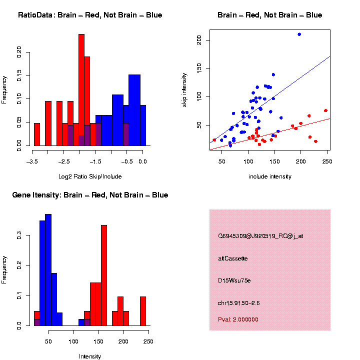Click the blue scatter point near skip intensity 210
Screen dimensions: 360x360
pyautogui.click(x=299, y=34)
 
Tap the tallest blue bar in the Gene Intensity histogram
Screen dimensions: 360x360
pyautogui.click(x=48, y=270)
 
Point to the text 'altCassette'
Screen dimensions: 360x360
pyautogui.click(x=232, y=258)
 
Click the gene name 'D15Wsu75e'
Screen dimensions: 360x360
pyautogui.click(x=234, y=280)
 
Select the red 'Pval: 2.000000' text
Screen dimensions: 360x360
pyautogui.click(x=238, y=319)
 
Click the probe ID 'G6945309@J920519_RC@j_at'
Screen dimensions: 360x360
pyautogui.click(x=260, y=236)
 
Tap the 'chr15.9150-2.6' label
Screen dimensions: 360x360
pyautogui.click(x=238, y=303)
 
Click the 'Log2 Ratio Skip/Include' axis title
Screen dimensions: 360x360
pyautogui.click(x=90, y=176)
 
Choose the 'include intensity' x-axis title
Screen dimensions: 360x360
pyautogui.click(x=269, y=176)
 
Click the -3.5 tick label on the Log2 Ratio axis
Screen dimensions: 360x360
pyautogui.click(x=32, y=161)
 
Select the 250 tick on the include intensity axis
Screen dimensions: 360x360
pyautogui.click(x=327, y=161)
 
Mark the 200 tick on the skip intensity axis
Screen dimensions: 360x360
pyautogui.click(x=200, y=39)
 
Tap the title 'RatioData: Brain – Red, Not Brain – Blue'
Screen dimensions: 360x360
pyautogui.click(x=90, y=15)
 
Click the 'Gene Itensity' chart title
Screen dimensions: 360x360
pyautogui.click(x=90, y=195)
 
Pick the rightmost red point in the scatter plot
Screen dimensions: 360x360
pyautogui.click(x=325, y=110)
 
